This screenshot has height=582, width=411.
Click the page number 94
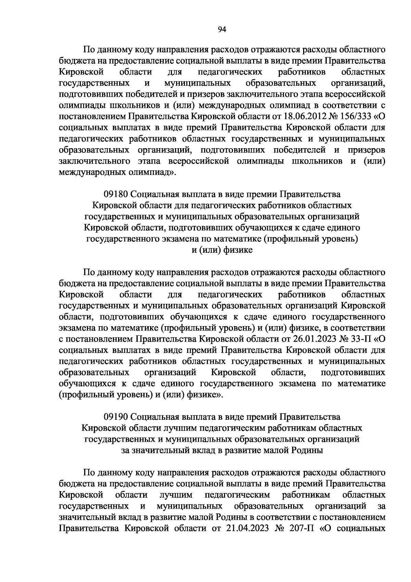coord(222,29)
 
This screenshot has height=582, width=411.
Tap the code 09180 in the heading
coord(116,194)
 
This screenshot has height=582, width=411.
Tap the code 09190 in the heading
coord(116,417)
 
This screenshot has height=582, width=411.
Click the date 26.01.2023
coord(315,339)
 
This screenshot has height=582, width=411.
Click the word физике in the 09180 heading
coord(238,250)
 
